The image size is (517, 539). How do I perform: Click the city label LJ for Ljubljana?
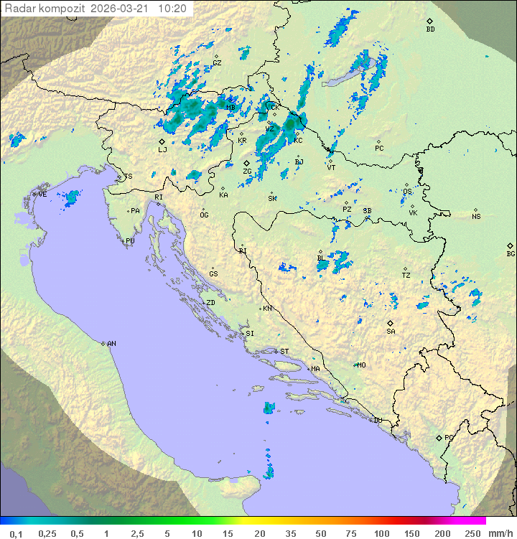162,149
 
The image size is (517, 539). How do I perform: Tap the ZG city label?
247,172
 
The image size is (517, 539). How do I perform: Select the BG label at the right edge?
511,253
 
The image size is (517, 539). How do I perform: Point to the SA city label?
391,331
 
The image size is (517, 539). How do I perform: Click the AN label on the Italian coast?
111,344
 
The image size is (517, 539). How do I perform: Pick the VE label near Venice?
42,194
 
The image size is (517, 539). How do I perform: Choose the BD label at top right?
430,29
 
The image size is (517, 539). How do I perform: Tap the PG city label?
449,437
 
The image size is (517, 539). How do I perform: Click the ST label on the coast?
284,351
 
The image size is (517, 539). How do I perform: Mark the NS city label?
476,216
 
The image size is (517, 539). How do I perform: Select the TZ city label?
406,275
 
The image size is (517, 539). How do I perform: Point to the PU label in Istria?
130,241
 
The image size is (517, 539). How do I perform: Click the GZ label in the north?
217,62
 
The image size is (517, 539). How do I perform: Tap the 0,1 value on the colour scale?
16,533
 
